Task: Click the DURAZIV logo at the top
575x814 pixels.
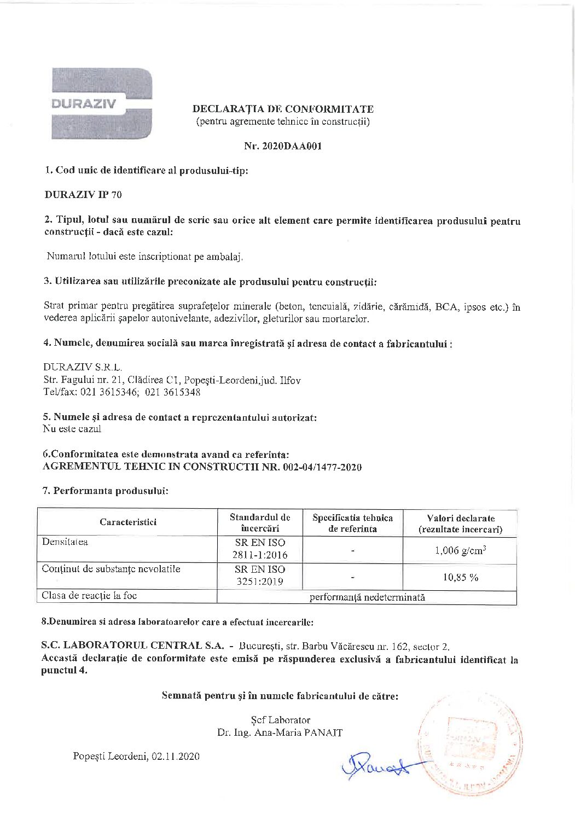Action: pos(102,103)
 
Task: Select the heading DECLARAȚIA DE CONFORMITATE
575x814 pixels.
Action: pos(283,109)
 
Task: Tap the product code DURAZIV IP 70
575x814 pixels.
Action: pos(83,195)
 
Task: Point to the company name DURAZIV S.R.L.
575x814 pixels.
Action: pos(83,367)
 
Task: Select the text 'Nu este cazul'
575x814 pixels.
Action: pos(72,429)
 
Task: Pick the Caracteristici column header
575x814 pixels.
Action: pos(128,522)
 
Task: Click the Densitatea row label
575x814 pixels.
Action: pos(65,542)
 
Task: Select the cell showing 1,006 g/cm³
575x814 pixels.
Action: pos(460,550)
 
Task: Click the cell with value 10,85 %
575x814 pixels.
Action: pos(460,577)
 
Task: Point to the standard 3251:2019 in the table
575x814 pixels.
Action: pos(260,582)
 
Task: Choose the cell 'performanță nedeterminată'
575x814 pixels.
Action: pos(367,597)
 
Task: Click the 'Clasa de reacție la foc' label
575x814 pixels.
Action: pos(89,596)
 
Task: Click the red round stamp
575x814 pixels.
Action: pos(469,744)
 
